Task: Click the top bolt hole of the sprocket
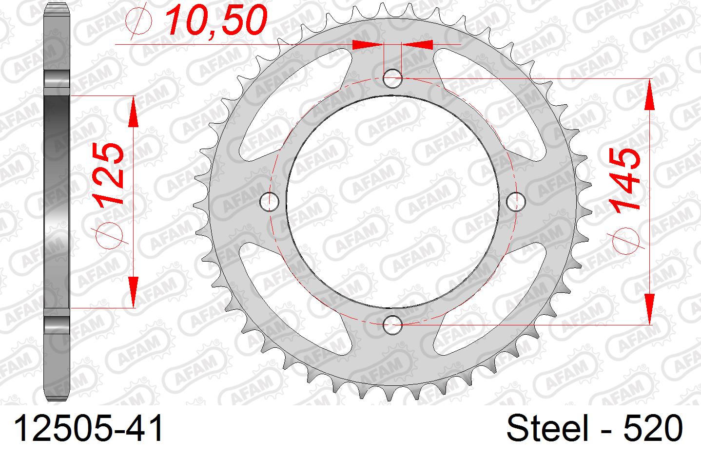tap(392, 78)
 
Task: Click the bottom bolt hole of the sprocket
tap(392, 324)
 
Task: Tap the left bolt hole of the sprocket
tap(270, 202)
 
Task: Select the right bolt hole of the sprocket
tap(516, 202)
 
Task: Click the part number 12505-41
tap(89, 428)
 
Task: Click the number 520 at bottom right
tap(652, 428)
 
